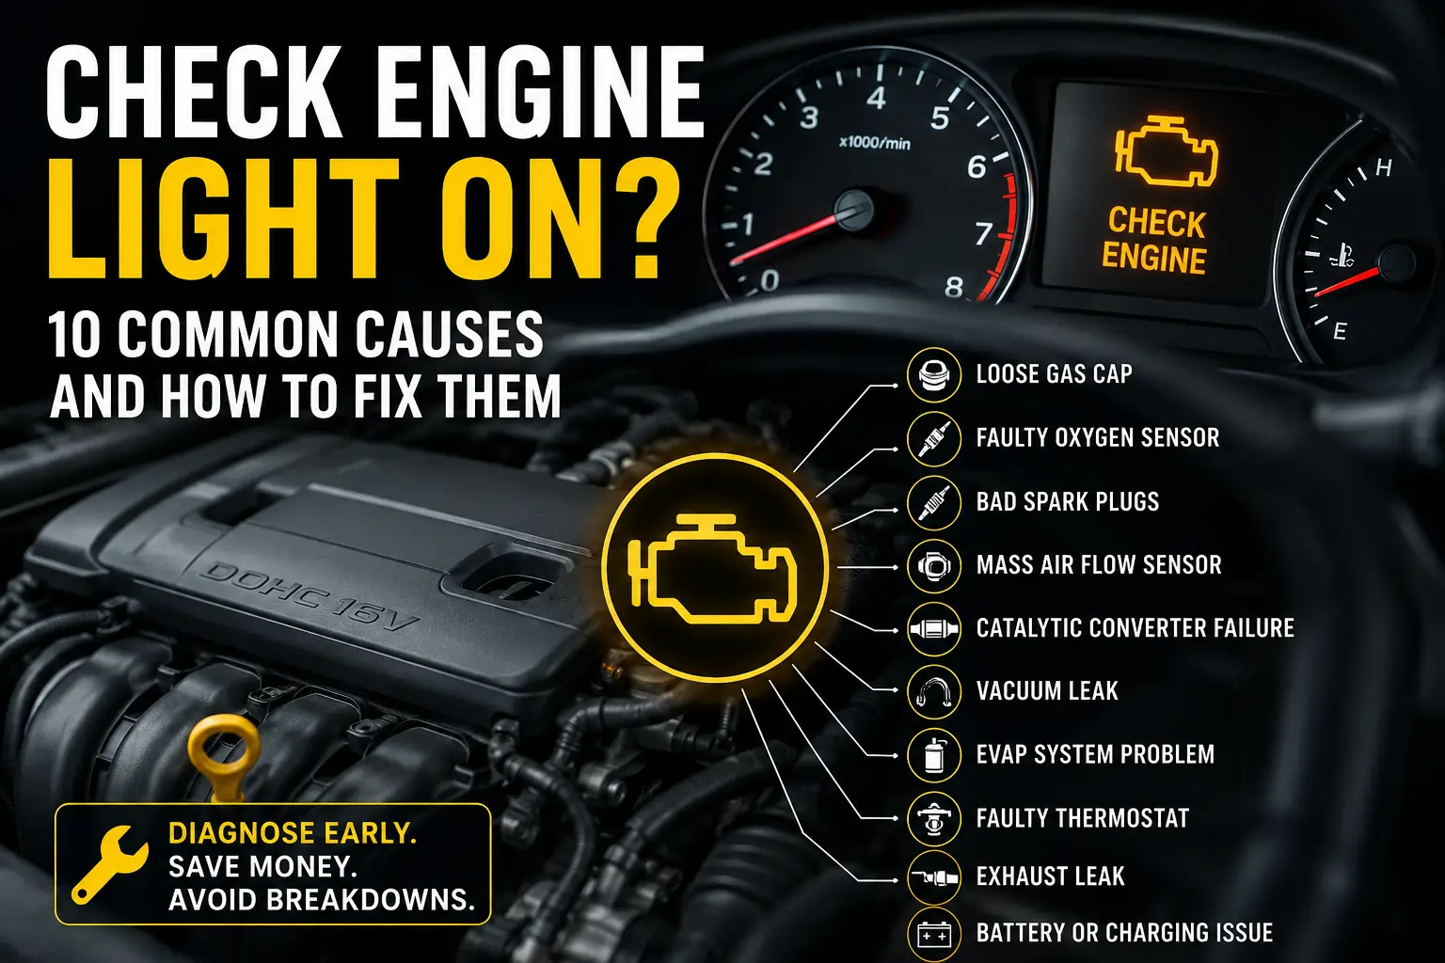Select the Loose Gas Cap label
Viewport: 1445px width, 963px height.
pos(1054,374)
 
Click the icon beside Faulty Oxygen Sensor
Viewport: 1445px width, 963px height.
pos(933,438)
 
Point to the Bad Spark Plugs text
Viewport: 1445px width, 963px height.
pos(1067,501)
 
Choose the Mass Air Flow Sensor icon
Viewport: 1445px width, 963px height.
pos(933,566)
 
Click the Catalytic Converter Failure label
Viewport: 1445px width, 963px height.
pos(1135,627)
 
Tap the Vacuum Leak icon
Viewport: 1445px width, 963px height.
pos(933,691)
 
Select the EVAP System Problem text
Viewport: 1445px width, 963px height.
pos(1095,754)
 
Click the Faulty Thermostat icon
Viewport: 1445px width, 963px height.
pos(933,818)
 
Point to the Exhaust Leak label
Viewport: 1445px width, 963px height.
pos(1050,876)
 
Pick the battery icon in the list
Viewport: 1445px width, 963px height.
pos(933,934)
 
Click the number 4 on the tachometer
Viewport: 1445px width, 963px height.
pos(876,98)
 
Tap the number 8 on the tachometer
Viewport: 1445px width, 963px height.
pos(953,287)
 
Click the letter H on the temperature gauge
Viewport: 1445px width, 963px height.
pos(1384,168)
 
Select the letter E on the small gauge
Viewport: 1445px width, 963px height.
pos(1340,332)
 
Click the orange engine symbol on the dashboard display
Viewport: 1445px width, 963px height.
pos(1167,151)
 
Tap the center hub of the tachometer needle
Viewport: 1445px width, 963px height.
pos(854,210)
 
